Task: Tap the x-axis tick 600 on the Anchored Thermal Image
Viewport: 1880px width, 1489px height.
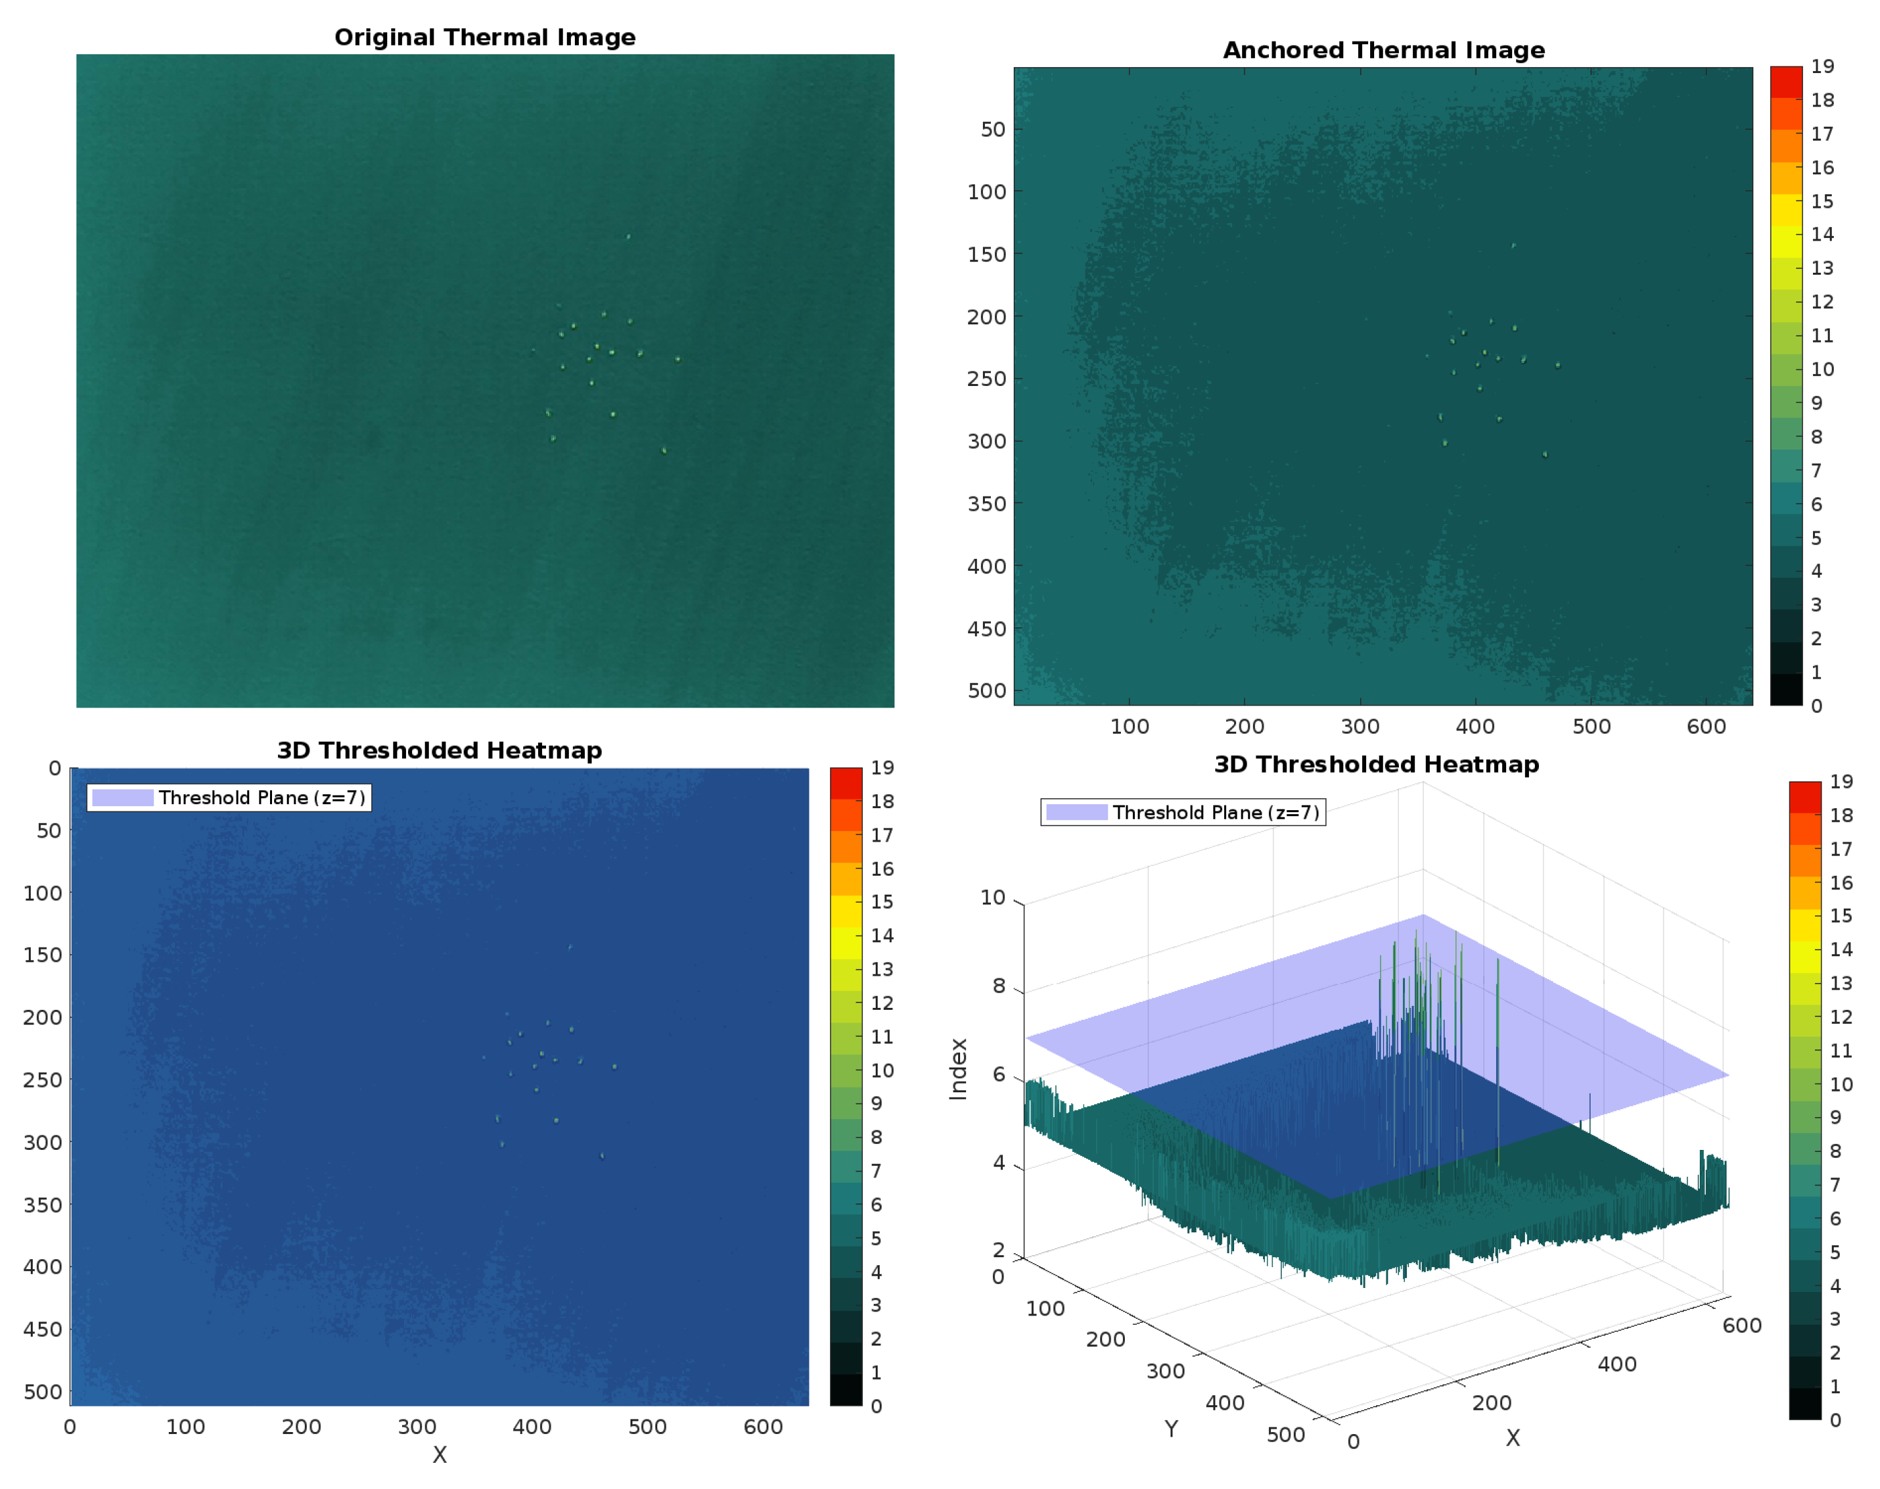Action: pyautogui.click(x=1705, y=726)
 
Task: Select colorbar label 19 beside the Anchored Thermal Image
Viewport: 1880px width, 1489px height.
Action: pyautogui.click(x=1821, y=67)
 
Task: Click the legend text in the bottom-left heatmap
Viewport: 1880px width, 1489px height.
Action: pyautogui.click(x=261, y=797)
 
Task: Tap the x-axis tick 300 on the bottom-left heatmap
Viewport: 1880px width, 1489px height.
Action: pyautogui.click(x=417, y=1427)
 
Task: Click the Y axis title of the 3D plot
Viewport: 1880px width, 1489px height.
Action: pyautogui.click(x=1170, y=1429)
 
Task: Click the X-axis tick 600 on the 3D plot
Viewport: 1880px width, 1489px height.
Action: pyautogui.click(x=1741, y=1326)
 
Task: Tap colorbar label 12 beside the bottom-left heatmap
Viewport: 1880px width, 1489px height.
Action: pyautogui.click(x=881, y=1003)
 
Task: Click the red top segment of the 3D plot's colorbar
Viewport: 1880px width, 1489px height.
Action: pyautogui.click(x=1804, y=797)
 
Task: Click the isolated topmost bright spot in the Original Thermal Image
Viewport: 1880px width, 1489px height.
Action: pyautogui.click(x=628, y=237)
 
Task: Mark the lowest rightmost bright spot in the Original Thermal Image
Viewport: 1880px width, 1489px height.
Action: pyautogui.click(x=664, y=451)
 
